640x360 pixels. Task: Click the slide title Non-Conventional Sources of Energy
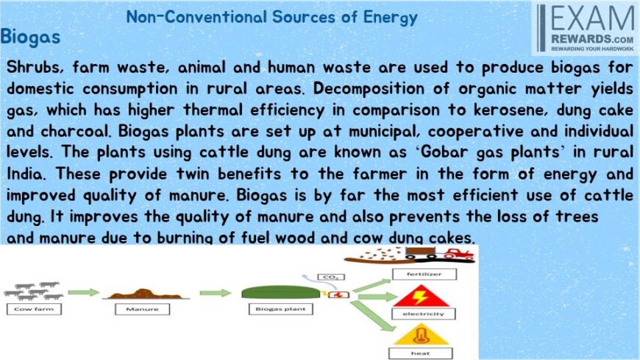coord(272,18)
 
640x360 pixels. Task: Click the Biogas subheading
coord(30,37)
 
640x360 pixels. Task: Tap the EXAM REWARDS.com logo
coord(586,28)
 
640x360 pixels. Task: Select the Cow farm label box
coord(34,309)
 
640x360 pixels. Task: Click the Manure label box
coord(142,309)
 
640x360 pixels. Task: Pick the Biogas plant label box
coord(280,309)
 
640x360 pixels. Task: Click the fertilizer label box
coord(424,274)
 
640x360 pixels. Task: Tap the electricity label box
coord(423,314)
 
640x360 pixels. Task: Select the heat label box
coord(420,353)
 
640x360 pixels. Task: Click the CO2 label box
coord(330,277)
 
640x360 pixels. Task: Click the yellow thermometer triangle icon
coord(421,335)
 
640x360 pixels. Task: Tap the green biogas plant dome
coord(281,292)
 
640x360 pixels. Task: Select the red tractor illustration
coord(458,255)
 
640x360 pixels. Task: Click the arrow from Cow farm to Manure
coord(84,292)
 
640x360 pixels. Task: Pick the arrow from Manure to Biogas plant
coord(216,292)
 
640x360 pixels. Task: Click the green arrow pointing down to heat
coord(373,317)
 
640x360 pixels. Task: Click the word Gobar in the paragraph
coord(445,152)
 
